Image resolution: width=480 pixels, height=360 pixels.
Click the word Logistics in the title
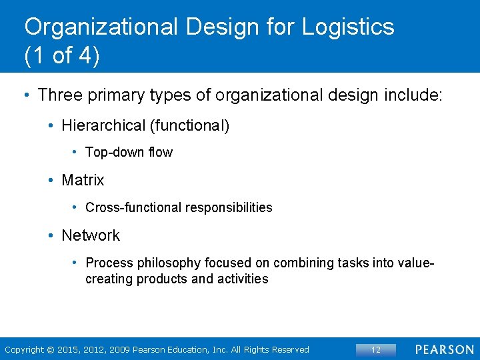(x=347, y=27)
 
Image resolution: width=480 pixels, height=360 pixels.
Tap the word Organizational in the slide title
(x=101, y=27)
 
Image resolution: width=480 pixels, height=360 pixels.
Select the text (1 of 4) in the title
(x=61, y=56)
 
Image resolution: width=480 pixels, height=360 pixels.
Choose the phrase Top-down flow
(x=129, y=153)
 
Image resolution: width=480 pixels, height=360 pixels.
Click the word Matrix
(x=83, y=180)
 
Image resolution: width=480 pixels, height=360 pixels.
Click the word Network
(x=91, y=235)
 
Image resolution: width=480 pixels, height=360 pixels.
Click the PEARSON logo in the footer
(x=445, y=349)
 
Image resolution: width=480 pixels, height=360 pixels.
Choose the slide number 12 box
(x=375, y=349)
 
